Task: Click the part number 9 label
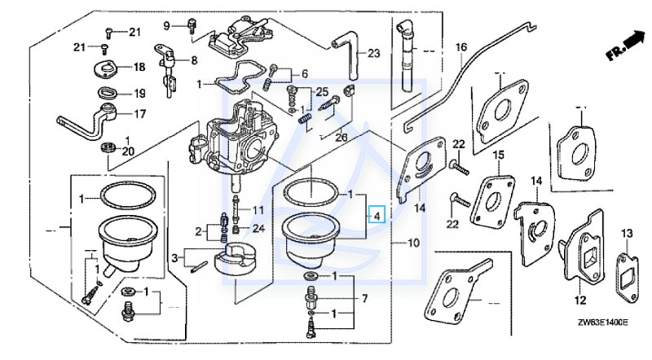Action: point(167,25)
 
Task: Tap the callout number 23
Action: point(374,54)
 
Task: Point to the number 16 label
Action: point(461,48)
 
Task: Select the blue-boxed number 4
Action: point(376,215)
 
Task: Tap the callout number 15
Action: point(500,155)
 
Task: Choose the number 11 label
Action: point(258,210)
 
